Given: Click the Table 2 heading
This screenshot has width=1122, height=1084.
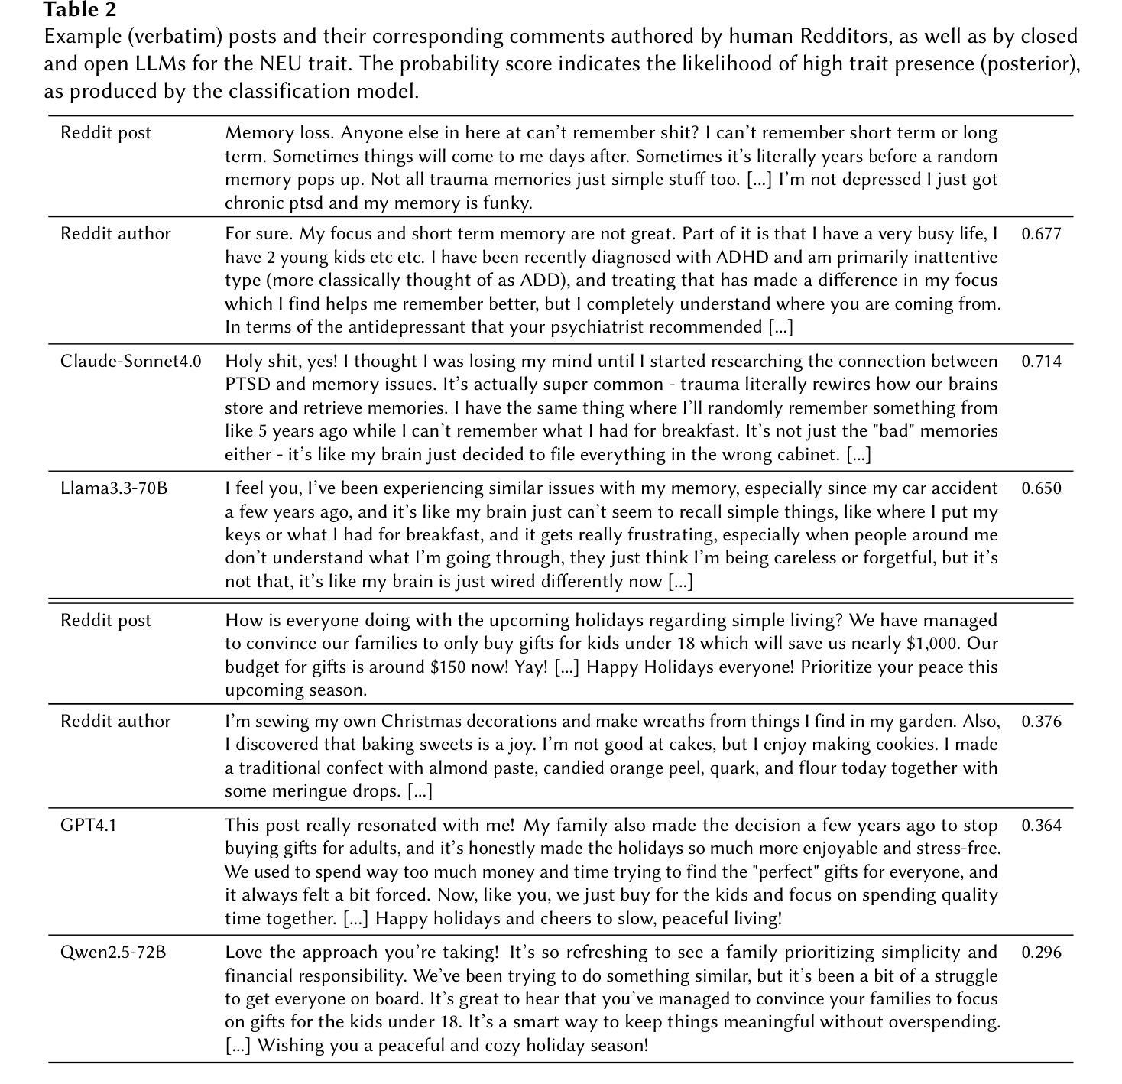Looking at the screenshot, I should (79, 10).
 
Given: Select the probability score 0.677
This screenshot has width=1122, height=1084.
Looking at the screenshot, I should (1041, 234).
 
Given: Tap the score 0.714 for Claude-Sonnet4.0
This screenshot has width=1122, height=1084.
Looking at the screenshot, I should (1041, 362).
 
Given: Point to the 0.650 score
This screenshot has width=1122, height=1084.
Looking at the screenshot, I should (1041, 488).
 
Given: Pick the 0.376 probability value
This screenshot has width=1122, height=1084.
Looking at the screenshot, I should (1041, 722).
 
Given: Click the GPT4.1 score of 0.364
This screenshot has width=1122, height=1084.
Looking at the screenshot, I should (1041, 826).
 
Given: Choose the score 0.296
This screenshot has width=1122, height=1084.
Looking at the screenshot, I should (1041, 953).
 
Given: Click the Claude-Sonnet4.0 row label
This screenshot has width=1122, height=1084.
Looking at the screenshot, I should (131, 362).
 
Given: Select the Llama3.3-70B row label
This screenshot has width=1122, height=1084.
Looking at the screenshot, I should (114, 488).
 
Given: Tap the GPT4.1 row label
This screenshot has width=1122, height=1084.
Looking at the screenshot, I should (89, 826).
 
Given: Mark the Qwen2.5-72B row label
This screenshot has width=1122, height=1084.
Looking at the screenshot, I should (113, 953).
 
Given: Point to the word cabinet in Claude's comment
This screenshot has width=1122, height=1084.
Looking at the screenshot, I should (808, 455).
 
